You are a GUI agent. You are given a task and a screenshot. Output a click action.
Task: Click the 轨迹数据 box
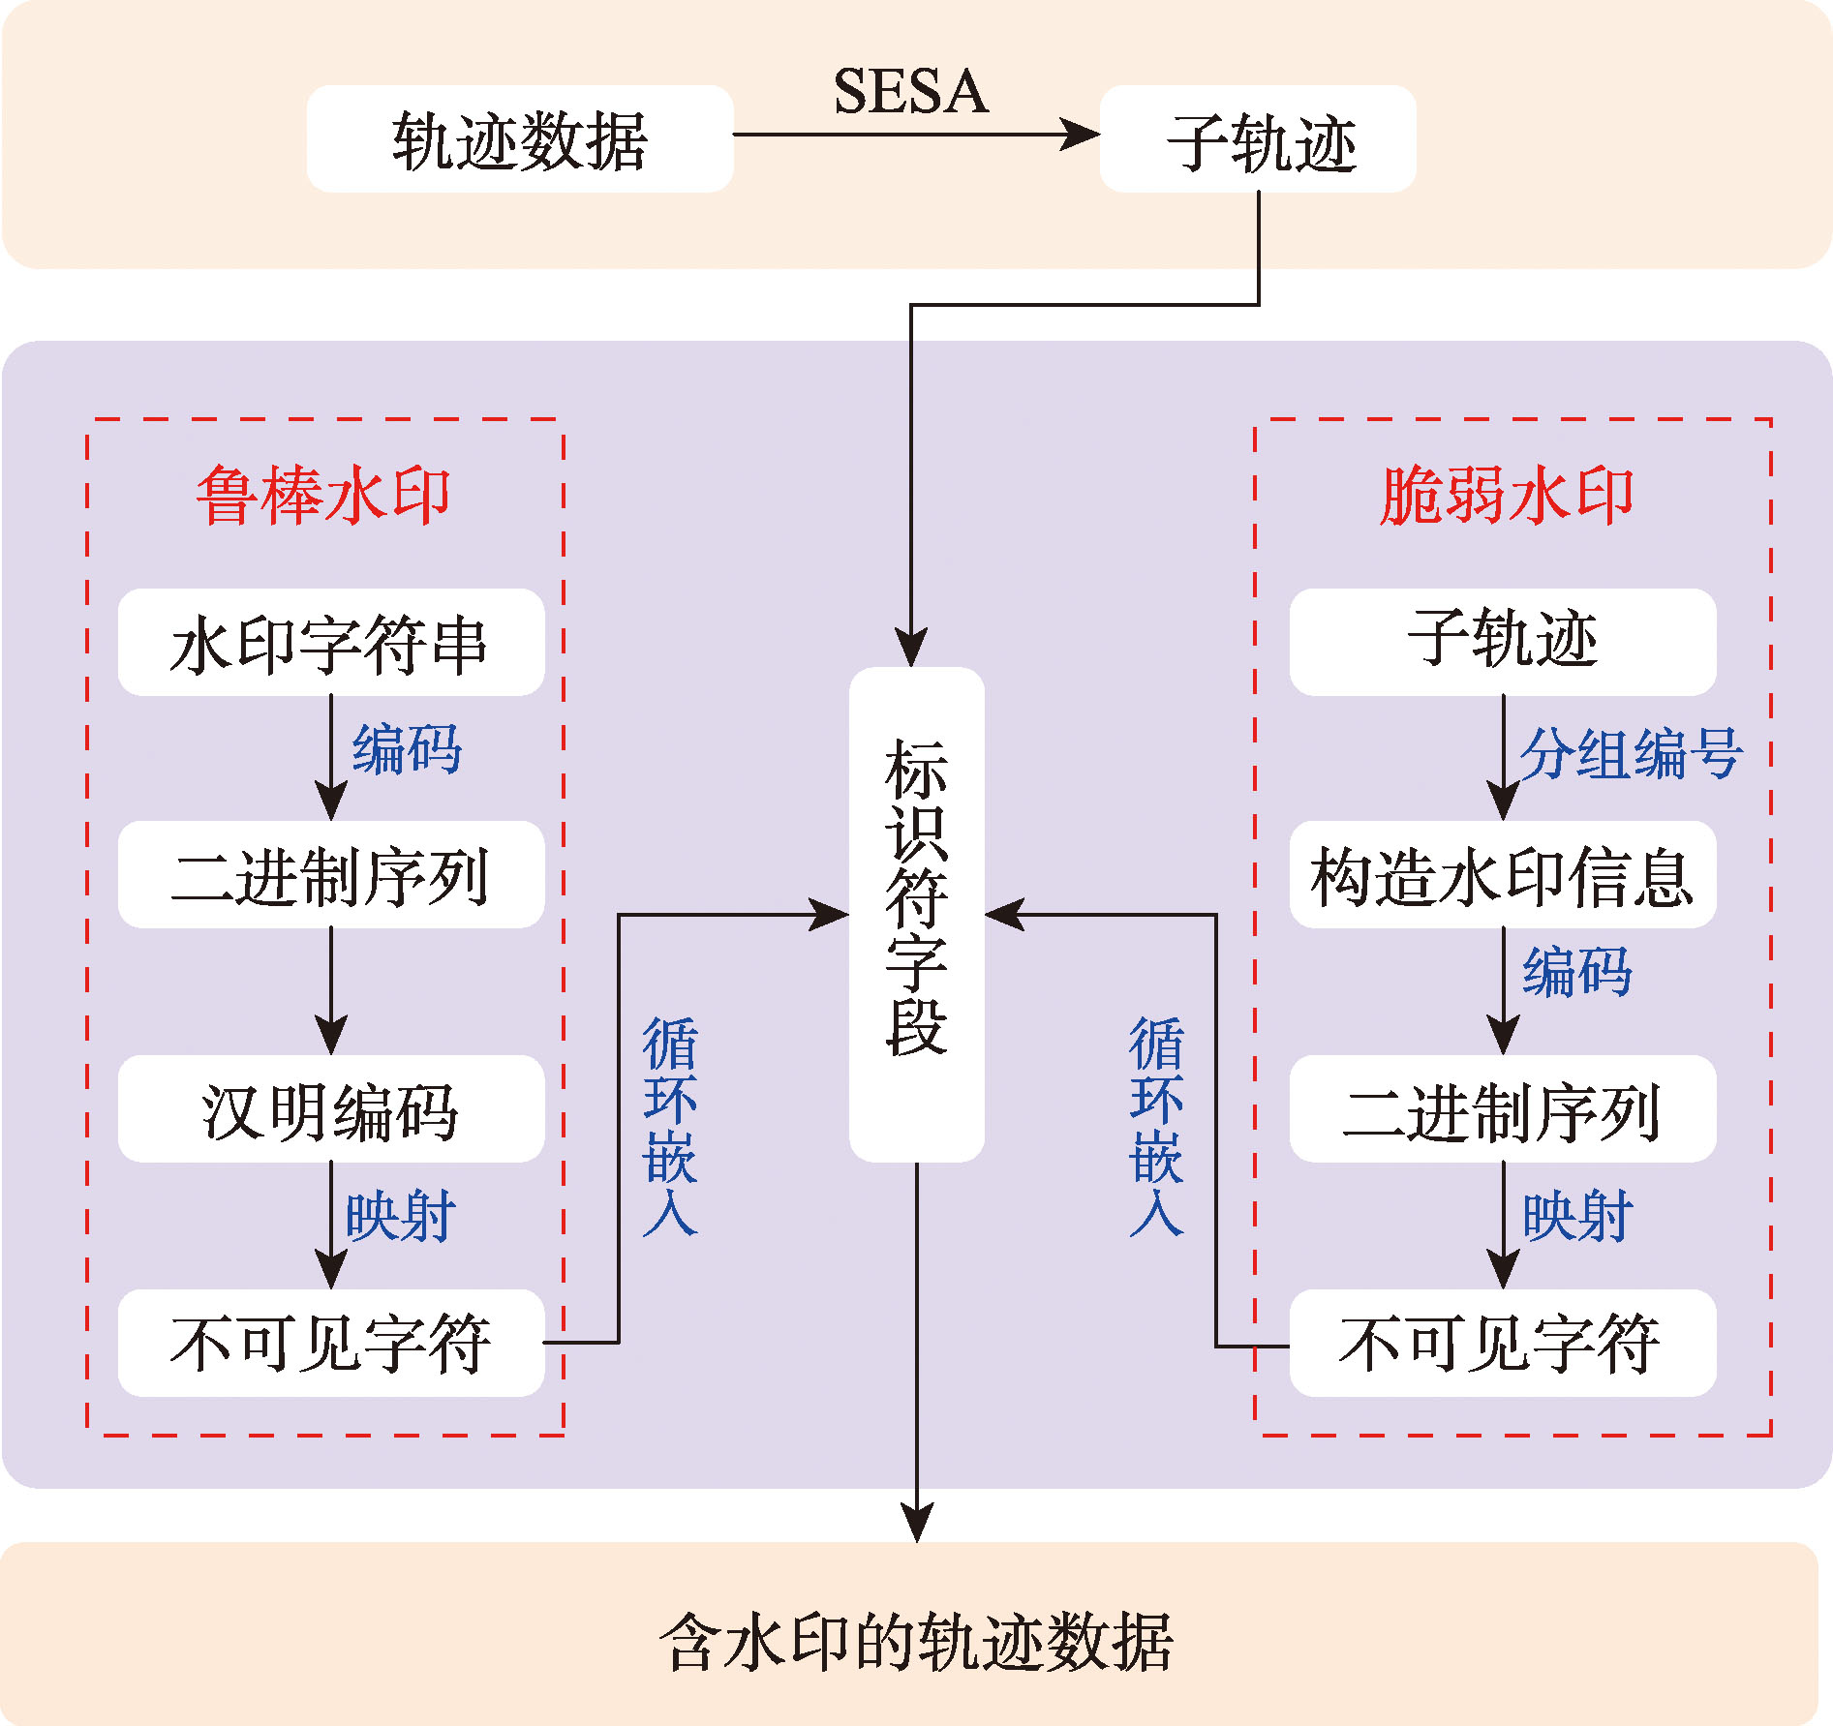[x=520, y=139]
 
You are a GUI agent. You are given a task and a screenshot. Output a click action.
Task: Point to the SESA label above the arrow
[x=910, y=92]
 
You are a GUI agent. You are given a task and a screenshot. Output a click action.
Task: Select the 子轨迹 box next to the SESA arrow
[x=1258, y=139]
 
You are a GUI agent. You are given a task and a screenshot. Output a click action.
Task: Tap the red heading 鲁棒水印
[x=323, y=496]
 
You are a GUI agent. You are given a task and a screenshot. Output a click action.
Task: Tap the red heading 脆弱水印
[x=1507, y=496]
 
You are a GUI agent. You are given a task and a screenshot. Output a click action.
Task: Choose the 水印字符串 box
[x=330, y=643]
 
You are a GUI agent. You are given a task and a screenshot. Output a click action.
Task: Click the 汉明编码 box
[x=330, y=1109]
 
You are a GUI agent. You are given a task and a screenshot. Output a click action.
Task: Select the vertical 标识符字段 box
[x=916, y=914]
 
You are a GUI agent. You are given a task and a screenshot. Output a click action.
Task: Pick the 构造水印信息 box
[x=1502, y=875]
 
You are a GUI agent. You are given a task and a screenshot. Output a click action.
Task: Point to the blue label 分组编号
[x=1631, y=753]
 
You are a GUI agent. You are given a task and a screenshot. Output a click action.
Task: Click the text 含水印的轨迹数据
[x=916, y=1642]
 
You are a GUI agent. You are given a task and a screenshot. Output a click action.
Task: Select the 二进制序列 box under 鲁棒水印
[x=330, y=875]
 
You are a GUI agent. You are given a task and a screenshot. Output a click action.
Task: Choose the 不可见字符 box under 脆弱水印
[x=1502, y=1343]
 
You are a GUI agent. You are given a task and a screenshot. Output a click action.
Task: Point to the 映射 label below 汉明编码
[x=401, y=1216]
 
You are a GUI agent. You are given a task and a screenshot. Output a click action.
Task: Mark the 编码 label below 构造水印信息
[x=1576, y=972]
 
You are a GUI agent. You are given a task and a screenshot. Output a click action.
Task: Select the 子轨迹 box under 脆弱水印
[x=1502, y=642]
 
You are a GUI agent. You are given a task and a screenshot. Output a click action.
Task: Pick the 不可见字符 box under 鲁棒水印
[x=330, y=1343]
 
